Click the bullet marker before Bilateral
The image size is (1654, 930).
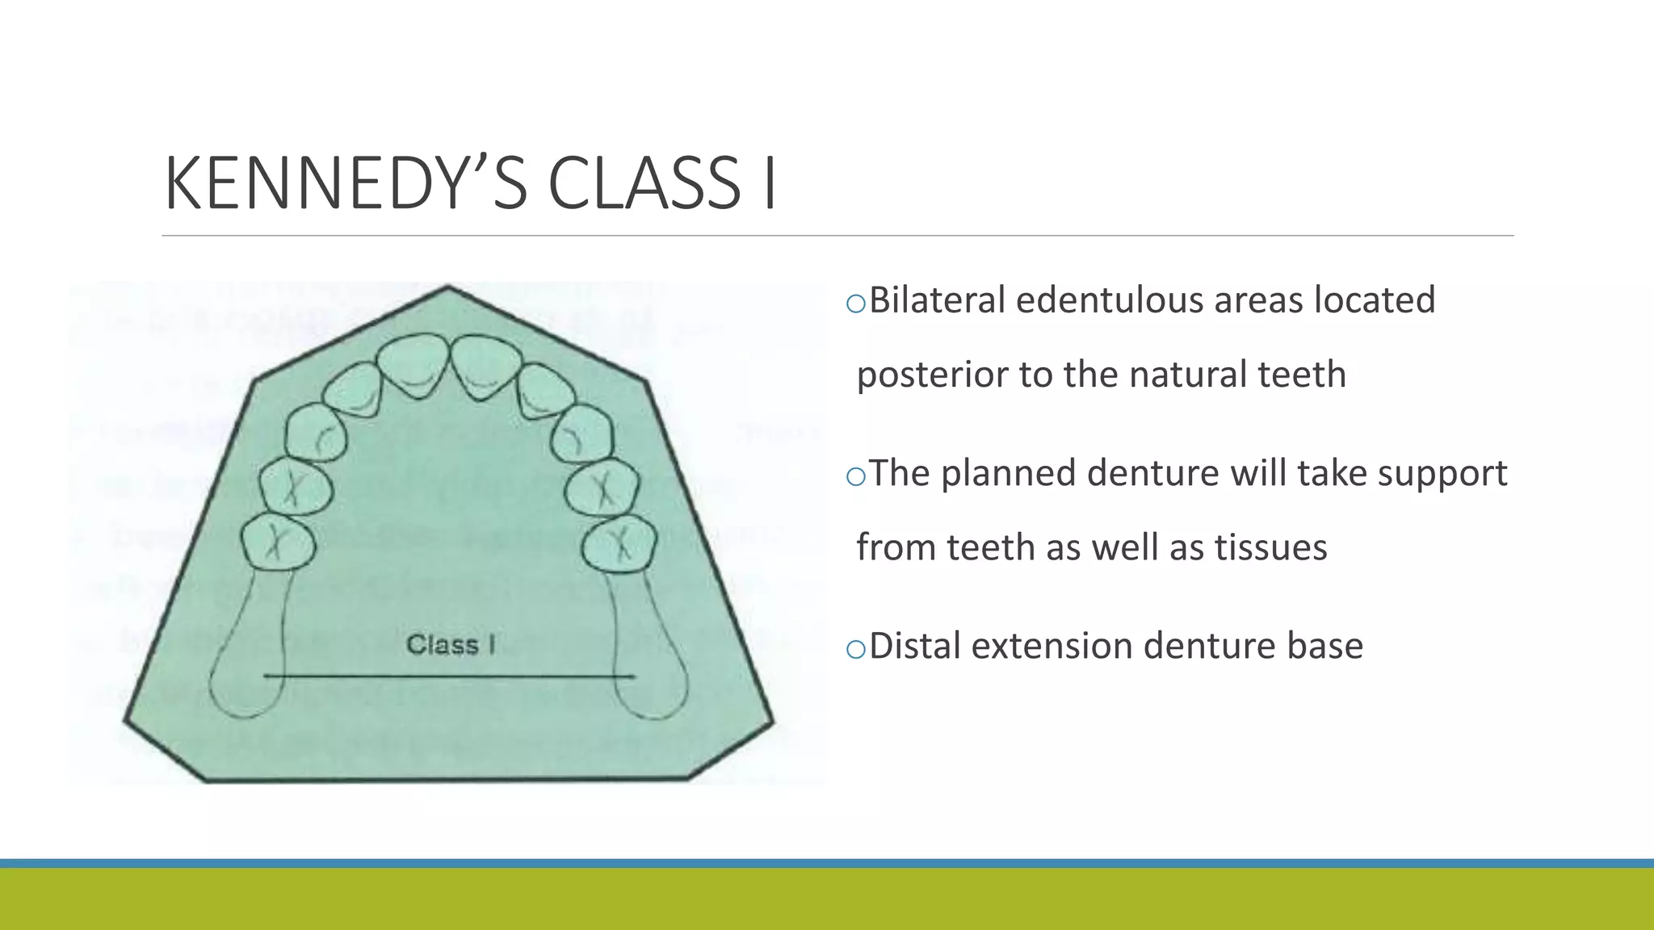855,304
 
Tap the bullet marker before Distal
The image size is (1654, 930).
855,649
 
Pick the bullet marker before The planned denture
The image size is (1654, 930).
855,476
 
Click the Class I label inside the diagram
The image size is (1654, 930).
451,644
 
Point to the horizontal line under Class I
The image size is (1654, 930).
449,676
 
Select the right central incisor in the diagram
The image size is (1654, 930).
486,363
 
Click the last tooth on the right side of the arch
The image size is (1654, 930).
619,543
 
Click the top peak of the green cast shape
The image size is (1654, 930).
448,288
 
